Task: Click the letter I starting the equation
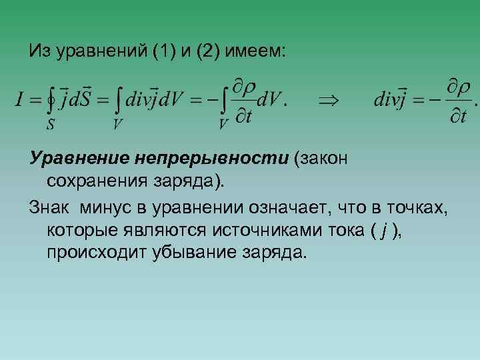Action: click(x=19, y=101)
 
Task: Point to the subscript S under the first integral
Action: click(x=51, y=125)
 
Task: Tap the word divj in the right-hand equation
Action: click(x=392, y=101)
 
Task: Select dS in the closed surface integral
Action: click(x=83, y=101)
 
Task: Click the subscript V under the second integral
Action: click(x=117, y=125)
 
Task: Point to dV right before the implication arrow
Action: click(x=270, y=101)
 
